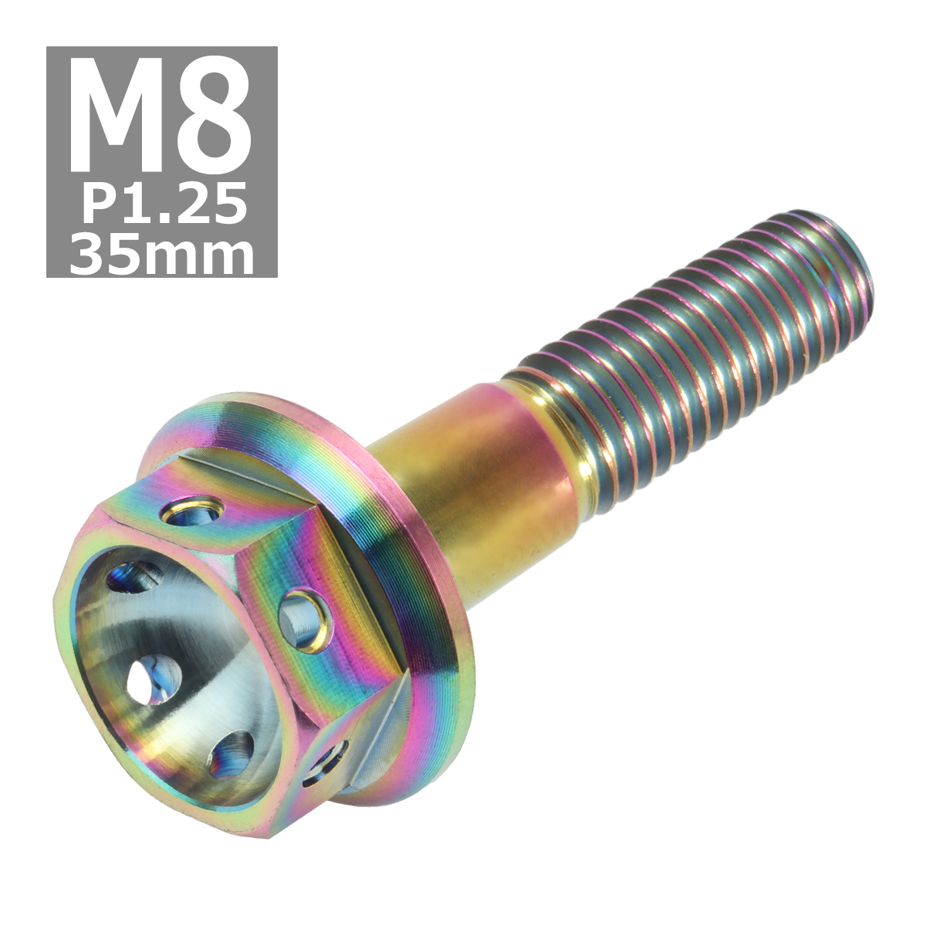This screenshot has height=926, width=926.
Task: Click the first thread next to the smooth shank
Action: tap(532, 401)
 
